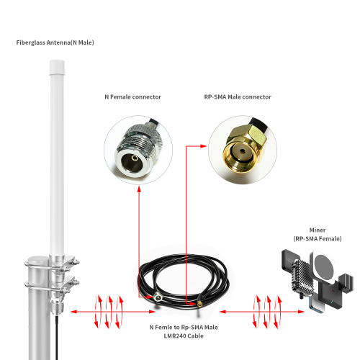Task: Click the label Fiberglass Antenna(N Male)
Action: [x=55, y=42]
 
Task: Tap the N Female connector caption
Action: [x=132, y=97]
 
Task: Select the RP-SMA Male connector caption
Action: [x=238, y=97]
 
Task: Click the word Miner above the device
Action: [x=318, y=230]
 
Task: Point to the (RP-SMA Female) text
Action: [x=318, y=238]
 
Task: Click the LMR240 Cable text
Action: [x=184, y=336]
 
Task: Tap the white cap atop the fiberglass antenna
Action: [x=57, y=67]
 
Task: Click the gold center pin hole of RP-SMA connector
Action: [x=243, y=151]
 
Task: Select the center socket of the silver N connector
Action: [x=135, y=158]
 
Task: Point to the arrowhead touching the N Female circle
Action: [x=139, y=189]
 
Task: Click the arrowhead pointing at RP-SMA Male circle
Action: [x=203, y=146]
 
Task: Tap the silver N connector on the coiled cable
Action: [x=157, y=297]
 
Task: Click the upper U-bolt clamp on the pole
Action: [x=52, y=264]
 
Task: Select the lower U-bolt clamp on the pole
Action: [x=52, y=284]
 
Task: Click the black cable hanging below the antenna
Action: [x=57, y=337]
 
